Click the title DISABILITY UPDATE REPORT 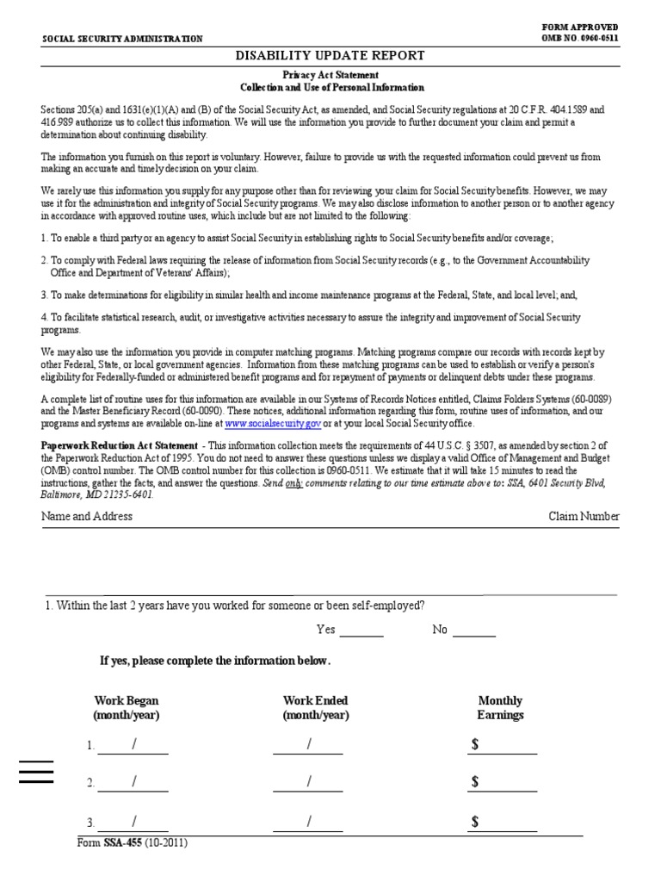pyautogui.click(x=330, y=56)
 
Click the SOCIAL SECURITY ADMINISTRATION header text pyautogui.click(x=122, y=39)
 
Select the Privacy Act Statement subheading pyautogui.click(x=330, y=76)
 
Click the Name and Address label pyautogui.click(x=87, y=516)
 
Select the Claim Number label pyautogui.click(x=584, y=516)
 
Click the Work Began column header pyautogui.click(x=127, y=708)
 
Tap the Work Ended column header pyautogui.click(x=315, y=708)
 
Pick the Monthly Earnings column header pyautogui.click(x=500, y=708)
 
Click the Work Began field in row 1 pyautogui.click(x=133, y=745)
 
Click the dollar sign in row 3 pyautogui.click(x=475, y=822)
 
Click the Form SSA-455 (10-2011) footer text pyautogui.click(x=133, y=842)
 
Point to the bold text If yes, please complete pyautogui.click(x=215, y=661)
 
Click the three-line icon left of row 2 pyautogui.click(x=36, y=772)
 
